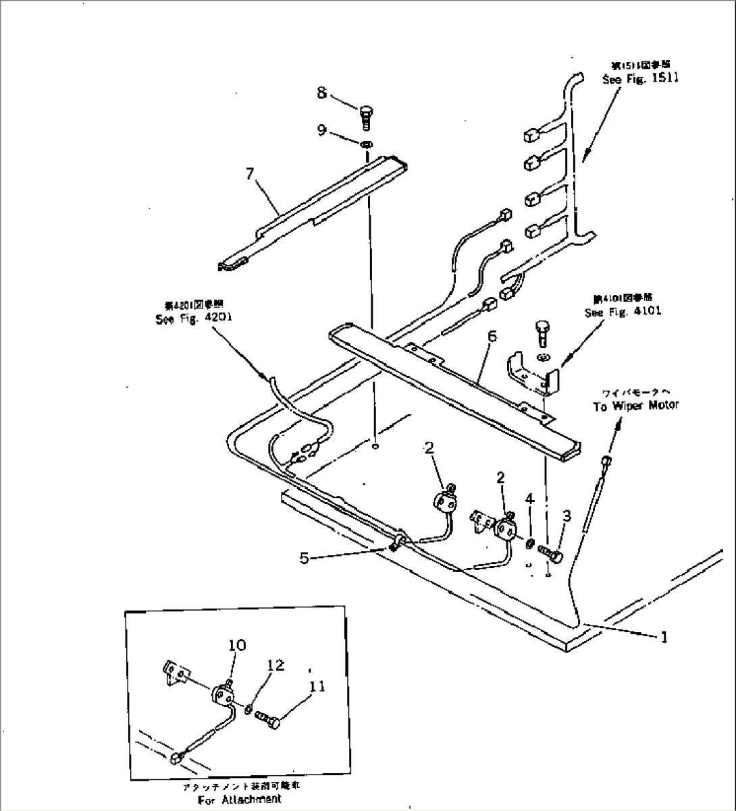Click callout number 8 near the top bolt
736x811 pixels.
(x=322, y=92)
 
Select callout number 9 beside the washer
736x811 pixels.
(x=322, y=129)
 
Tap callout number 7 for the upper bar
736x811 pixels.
(x=250, y=174)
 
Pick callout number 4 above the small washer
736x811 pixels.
(x=529, y=499)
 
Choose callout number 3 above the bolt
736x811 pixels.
(x=567, y=515)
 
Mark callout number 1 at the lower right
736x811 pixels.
(x=664, y=636)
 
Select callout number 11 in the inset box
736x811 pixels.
(x=317, y=687)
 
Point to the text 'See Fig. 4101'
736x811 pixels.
(x=623, y=312)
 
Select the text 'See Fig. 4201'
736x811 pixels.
(x=194, y=320)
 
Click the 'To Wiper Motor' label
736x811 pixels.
(x=635, y=405)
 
